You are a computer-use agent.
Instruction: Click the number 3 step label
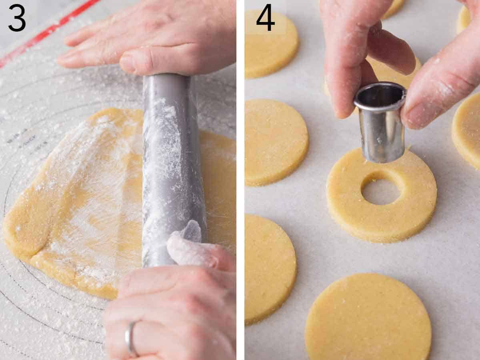(17, 18)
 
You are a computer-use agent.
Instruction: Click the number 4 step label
(265, 18)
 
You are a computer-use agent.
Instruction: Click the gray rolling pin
(172, 168)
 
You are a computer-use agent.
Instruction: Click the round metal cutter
(380, 124)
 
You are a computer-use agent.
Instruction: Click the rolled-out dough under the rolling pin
(80, 208)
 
